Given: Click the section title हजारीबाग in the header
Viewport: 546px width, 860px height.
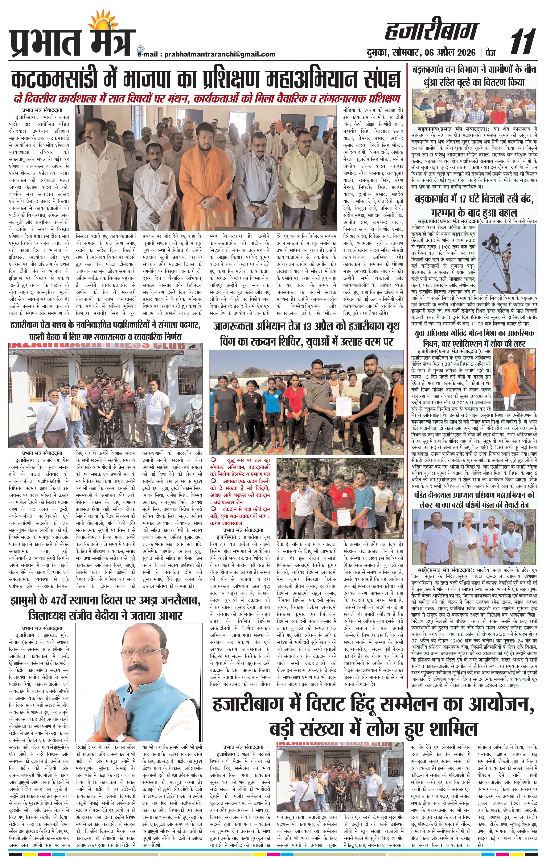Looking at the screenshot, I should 431,32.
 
